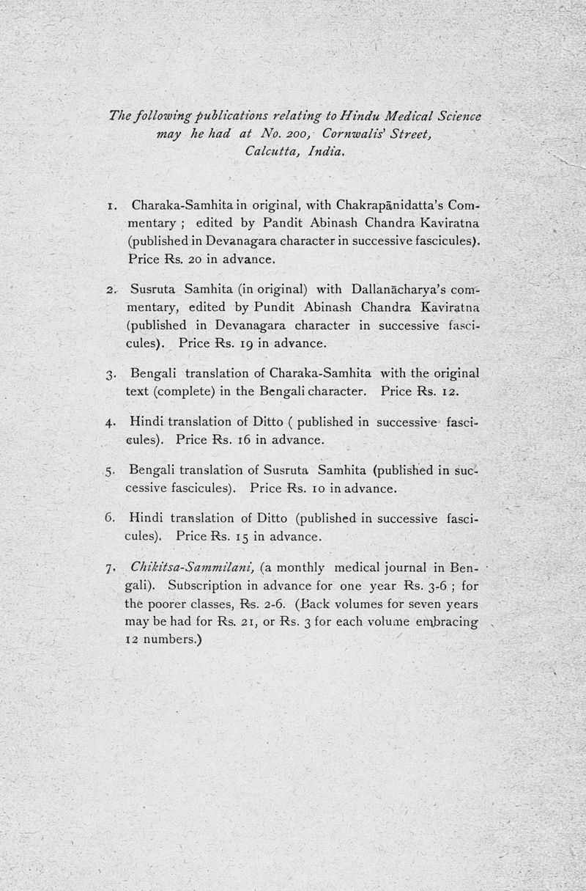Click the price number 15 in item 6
pyautogui.click(x=237, y=537)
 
